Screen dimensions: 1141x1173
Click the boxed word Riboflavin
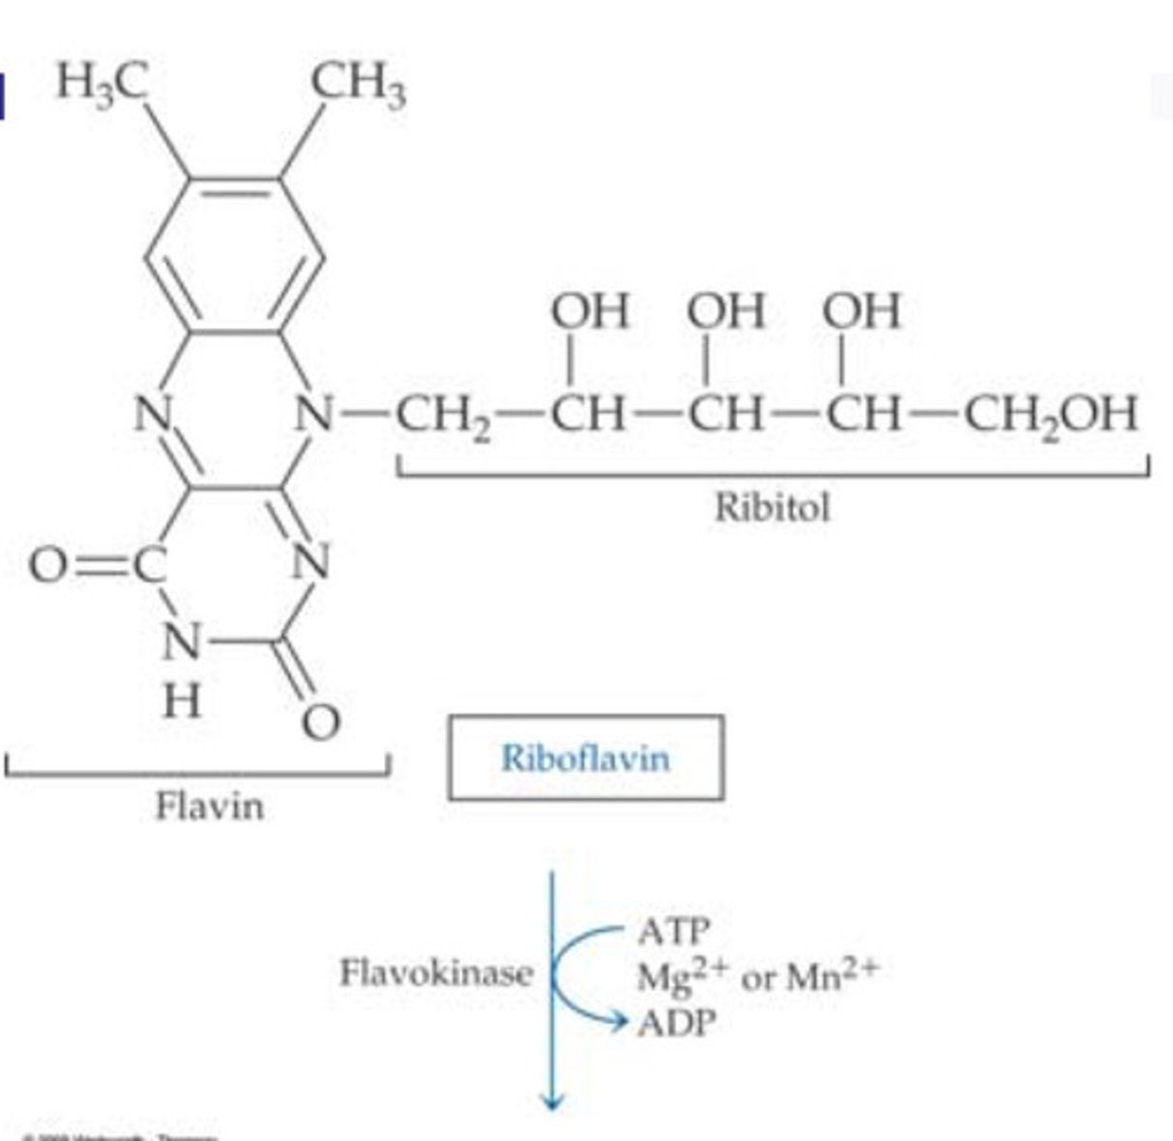(x=585, y=758)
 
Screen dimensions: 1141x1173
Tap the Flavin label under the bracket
(x=209, y=807)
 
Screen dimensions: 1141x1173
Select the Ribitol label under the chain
(x=771, y=507)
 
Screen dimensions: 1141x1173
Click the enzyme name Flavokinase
(x=436, y=973)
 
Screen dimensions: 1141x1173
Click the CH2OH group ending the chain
(x=1050, y=415)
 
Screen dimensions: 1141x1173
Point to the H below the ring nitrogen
(x=181, y=703)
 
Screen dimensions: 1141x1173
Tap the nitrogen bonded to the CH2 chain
(x=316, y=414)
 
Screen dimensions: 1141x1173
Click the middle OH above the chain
(x=726, y=312)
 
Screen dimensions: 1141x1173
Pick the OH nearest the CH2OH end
(x=861, y=312)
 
